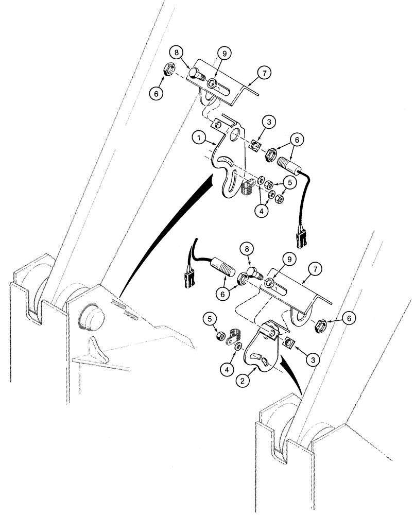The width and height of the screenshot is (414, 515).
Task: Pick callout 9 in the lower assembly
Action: pos(288,259)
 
